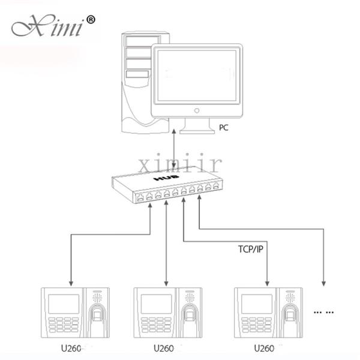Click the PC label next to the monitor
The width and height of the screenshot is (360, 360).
pos(224,128)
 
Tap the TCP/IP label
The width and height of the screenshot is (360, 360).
pos(250,249)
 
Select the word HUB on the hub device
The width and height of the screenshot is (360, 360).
pos(166,178)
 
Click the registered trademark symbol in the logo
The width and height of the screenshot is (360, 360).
pos(91,20)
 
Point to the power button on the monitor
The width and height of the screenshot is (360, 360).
pos(197,110)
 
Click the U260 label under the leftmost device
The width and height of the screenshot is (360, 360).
pos(71,348)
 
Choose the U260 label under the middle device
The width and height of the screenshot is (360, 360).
pos(164,348)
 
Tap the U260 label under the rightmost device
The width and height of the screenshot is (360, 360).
pos(264,348)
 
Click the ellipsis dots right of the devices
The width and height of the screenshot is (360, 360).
pos(324,312)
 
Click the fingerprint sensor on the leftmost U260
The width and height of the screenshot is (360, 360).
pos(98,314)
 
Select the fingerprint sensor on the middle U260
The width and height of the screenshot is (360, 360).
pos(190,314)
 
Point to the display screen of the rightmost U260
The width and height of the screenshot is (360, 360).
pos(257,304)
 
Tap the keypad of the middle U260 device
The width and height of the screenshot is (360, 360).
pos(157,325)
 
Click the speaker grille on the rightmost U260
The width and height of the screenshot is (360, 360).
pos(290,298)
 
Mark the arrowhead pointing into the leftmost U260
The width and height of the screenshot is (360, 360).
pos(71,283)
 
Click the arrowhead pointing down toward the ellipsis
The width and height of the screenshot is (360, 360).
pos(324,283)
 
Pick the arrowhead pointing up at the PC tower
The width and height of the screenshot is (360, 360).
pos(174,132)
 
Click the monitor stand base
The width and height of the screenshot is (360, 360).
pos(197,131)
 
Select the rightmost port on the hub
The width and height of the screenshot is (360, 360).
pos(216,185)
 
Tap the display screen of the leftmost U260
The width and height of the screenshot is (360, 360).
pos(64,304)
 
